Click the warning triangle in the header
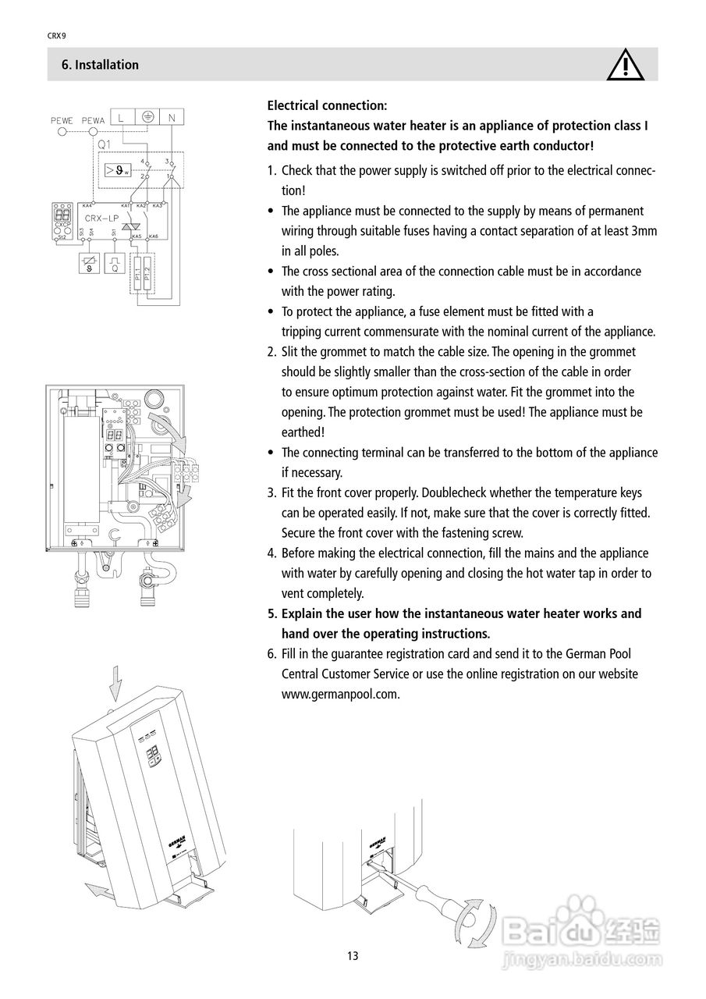pos(626,65)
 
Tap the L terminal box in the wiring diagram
pos(122,118)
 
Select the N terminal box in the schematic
pos(172,118)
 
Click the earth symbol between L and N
pos(147,118)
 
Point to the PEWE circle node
pos(62,133)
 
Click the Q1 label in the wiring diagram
pos(105,144)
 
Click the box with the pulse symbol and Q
pos(115,262)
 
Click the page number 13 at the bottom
pos(353,956)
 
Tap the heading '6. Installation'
pos(100,65)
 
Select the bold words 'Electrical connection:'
pos(327,105)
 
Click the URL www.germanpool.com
pos(340,694)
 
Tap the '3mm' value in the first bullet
pos(644,231)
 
